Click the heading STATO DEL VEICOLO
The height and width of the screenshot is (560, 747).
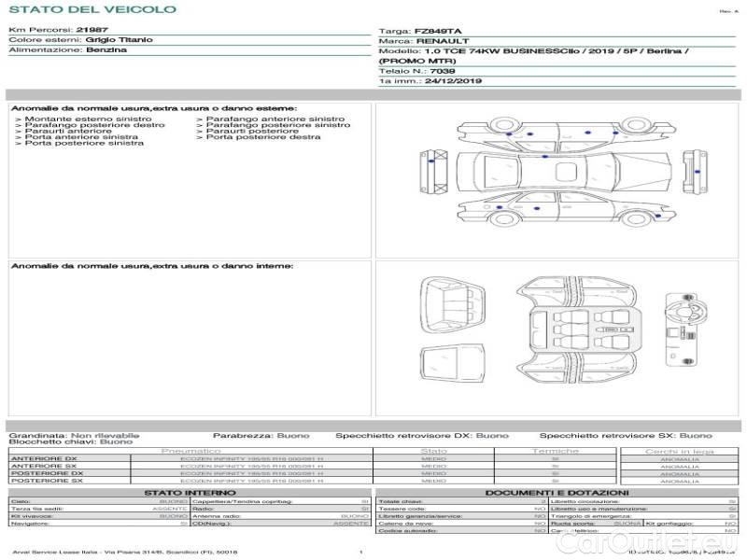tap(92, 9)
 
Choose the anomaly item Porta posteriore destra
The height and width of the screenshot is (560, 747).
tap(263, 137)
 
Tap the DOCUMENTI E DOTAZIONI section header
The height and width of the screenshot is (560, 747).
tap(557, 492)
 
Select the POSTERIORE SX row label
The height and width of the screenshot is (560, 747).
tap(46, 481)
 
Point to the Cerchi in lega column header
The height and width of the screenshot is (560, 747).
tap(679, 451)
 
